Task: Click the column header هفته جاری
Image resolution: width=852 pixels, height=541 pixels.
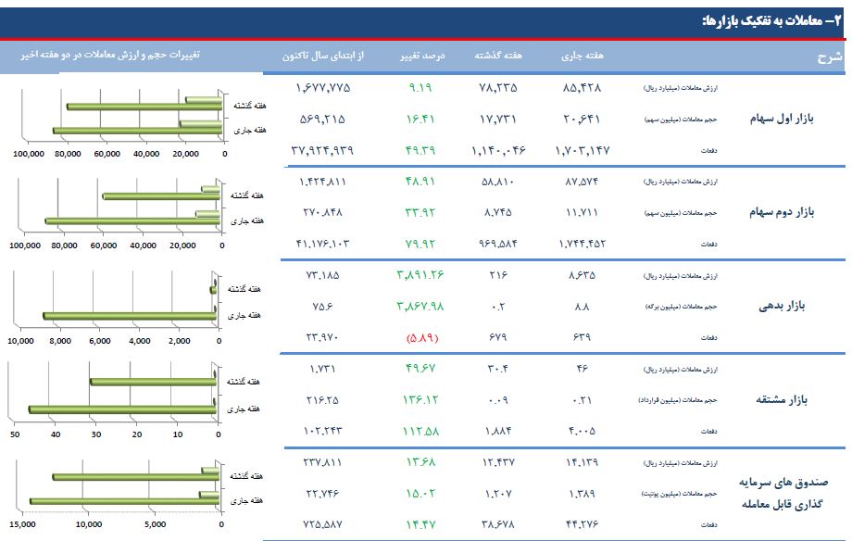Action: tap(583, 56)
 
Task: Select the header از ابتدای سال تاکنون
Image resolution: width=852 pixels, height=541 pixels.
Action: tap(324, 56)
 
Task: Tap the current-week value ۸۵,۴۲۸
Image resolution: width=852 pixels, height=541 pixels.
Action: tap(583, 88)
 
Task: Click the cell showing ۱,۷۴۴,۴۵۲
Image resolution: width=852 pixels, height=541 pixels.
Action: tap(583, 244)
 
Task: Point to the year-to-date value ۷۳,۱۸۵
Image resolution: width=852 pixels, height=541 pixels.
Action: tap(323, 275)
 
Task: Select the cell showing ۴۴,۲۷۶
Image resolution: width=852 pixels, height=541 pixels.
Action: tap(583, 524)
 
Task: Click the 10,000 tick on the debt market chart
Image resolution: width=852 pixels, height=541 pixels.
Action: tap(20, 341)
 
